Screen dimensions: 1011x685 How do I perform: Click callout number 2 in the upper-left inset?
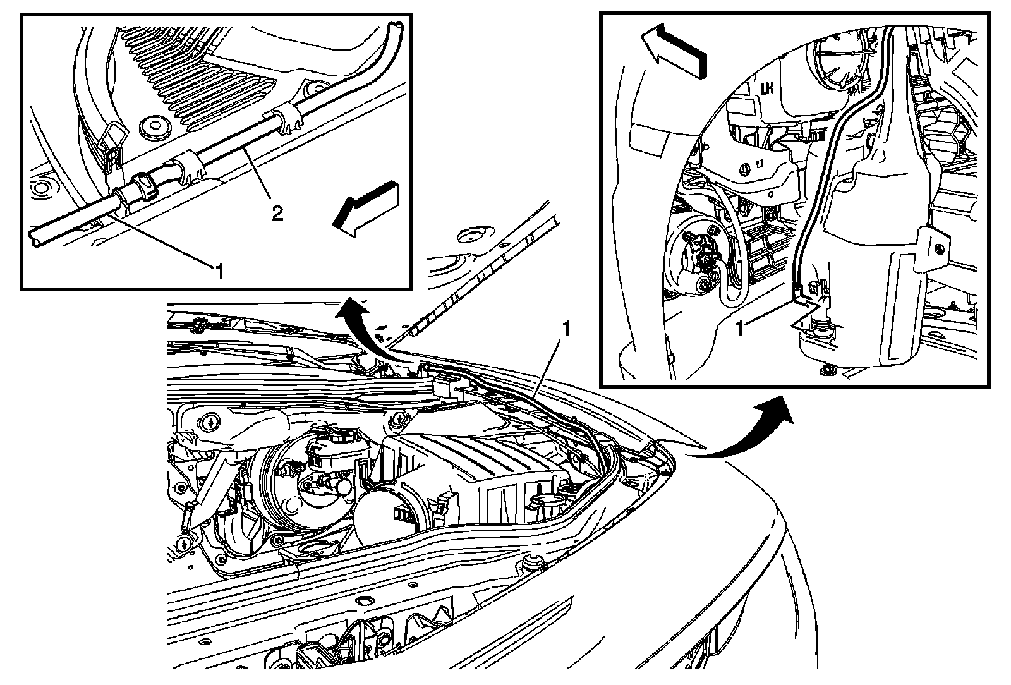point(277,213)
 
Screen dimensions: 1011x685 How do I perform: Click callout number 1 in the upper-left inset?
point(220,272)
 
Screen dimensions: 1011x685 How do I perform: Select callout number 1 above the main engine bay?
point(566,329)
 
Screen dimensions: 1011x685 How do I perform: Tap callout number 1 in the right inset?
point(740,329)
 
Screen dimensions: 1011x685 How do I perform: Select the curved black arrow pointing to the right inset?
point(745,428)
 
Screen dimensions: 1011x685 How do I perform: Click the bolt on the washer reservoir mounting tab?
point(939,248)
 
